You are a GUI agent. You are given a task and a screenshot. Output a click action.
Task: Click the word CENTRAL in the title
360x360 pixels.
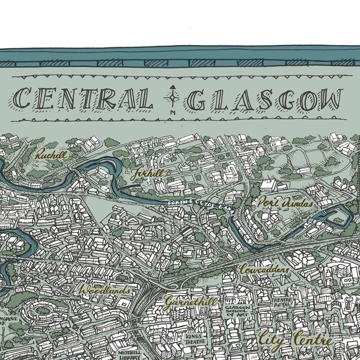pyautogui.click(x=83, y=98)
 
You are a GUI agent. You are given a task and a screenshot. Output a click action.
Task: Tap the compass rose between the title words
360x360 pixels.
pyautogui.click(x=172, y=97)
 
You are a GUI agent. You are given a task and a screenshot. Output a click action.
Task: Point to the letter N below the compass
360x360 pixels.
pyautogui.click(x=172, y=112)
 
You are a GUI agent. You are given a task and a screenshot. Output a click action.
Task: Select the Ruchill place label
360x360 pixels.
pyautogui.click(x=52, y=155)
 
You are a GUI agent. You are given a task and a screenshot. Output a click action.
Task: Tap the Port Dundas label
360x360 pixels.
pyautogui.click(x=285, y=203)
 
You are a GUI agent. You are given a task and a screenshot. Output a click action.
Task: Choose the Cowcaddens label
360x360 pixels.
pyautogui.click(x=264, y=269)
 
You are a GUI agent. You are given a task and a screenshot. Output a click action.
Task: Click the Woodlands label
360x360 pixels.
pyautogui.click(x=104, y=289)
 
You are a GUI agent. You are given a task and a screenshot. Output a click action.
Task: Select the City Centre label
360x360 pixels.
pyautogui.click(x=295, y=339)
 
